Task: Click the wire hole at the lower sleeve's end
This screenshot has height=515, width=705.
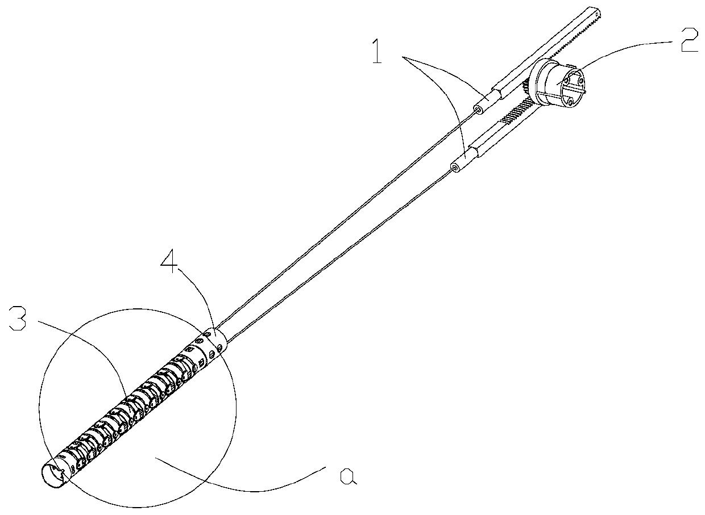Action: [x=454, y=168]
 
